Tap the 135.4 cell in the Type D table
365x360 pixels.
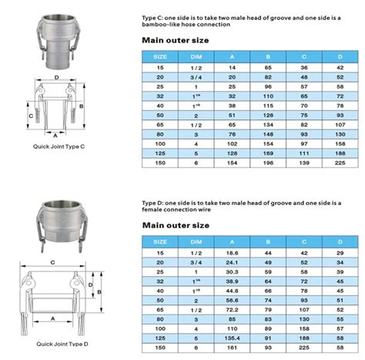click(x=232, y=338)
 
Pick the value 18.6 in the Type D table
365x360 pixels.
click(x=232, y=252)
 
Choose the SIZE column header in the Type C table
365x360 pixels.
click(x=160, y=56)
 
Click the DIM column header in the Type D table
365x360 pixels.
click(x=196, y=242)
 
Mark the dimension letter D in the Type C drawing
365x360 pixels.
click(x=57, y=77)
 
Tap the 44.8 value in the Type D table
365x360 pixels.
click(x=232, y=291)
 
